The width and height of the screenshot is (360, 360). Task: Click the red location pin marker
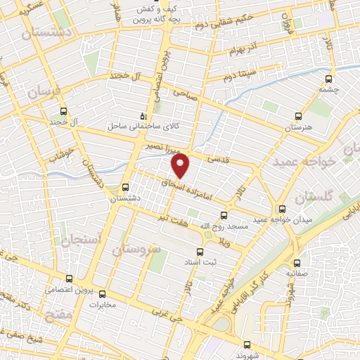tap(181, 166)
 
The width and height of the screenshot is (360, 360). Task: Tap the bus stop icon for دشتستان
tap(125, 187)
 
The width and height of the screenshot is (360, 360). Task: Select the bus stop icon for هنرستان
tap(297, 116)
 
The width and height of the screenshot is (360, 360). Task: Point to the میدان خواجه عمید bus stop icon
tap(282, 209)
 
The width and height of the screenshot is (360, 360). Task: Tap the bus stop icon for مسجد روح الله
tap(224, 214)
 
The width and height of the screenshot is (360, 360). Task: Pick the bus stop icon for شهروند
tap(247, 345)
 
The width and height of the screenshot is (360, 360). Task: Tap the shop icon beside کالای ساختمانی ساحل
tap(143, 115)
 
